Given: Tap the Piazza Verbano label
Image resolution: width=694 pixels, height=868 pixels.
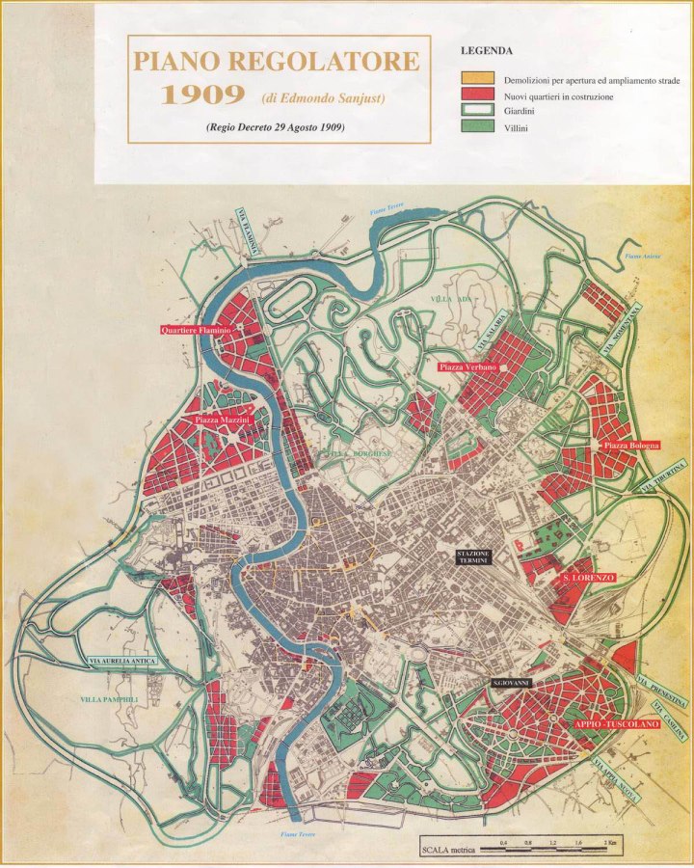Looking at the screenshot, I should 467,367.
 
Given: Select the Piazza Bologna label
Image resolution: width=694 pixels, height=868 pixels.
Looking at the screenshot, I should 631,445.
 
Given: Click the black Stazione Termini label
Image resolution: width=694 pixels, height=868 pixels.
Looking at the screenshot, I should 474,557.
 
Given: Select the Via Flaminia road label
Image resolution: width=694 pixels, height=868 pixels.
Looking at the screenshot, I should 249,232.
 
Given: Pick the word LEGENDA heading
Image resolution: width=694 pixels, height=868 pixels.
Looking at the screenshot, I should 486,50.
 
